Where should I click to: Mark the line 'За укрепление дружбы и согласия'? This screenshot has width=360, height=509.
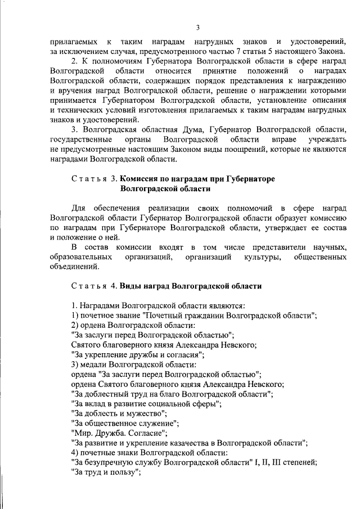tap(137, 355)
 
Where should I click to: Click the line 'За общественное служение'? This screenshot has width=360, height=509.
tap(126, 423)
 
